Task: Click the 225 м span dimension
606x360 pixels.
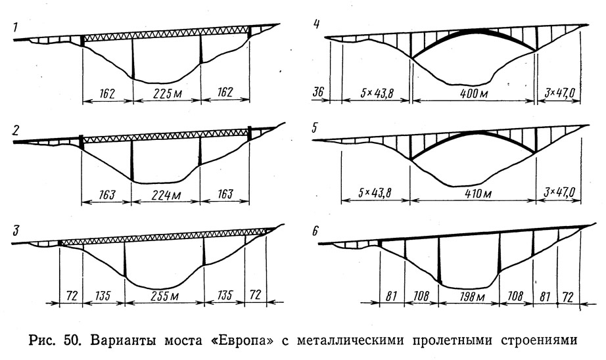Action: tap(167, 93)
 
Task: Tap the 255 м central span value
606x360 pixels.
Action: tap(164, 296)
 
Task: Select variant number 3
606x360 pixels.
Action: tap(16, 231)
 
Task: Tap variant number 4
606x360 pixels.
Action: tap(317, 24)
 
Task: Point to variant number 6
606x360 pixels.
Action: tap(315, 231)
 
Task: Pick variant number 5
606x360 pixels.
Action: tap(315, 128)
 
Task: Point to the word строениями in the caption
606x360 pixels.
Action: tap(539, 341)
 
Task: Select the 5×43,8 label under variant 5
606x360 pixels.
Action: tap(375, 192)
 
